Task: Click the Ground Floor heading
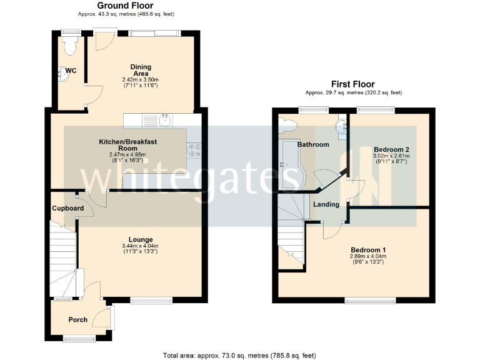coord(125,6)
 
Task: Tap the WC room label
coord(71,71)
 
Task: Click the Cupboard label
coord(67,208)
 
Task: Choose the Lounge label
coord(141,239)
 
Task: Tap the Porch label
coord(78,320)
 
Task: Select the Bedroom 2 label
coord(391,150)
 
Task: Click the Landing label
coord(326,204)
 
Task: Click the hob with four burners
coord(194,147)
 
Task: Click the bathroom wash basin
coord(341,127)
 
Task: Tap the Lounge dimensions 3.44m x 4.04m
coord(141,246)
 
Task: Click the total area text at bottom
coord(239,355)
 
